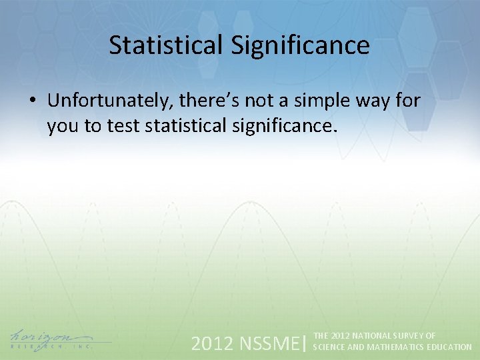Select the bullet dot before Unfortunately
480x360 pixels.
(x=32, y=101)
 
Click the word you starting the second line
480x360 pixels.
(x=63, y=125)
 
